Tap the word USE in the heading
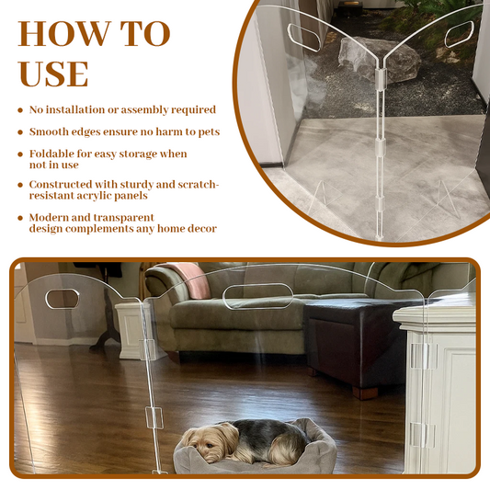click(53, 73)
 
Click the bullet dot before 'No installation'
click(20, 110)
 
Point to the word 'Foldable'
click(53, 154)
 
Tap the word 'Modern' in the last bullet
click(53, 217)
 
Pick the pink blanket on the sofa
click(189, 276)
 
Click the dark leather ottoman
click(345, 336)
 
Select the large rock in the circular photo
click(377, 61)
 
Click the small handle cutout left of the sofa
click(63, 298)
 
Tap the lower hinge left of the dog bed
click(154, 417)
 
